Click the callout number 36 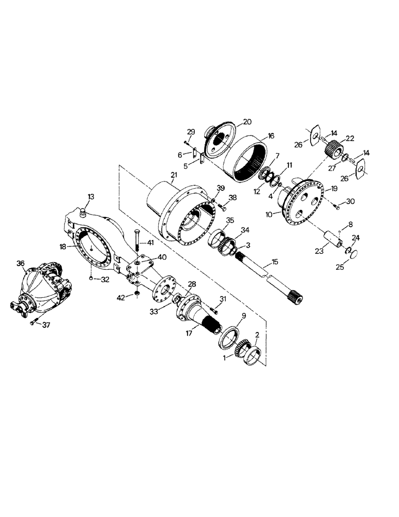pos(21,263)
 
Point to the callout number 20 pos(247,122)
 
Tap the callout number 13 pos(91,196)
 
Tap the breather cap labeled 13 pos(83,212)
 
